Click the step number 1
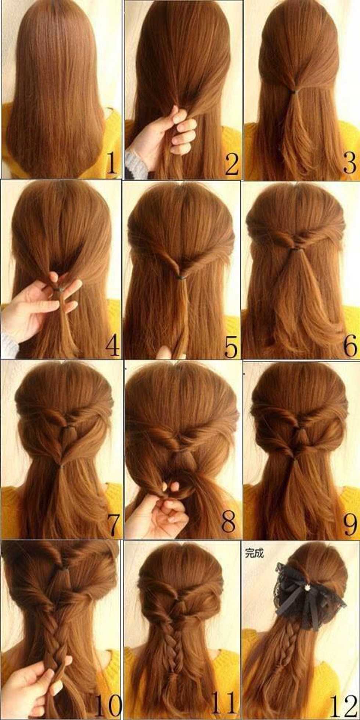(x=111, y=163)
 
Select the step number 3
(x=349, y=163)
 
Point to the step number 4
(x=112, y=345)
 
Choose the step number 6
(x=350, y=345)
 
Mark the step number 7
(x=114, y=525)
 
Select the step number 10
(x=108, y=705)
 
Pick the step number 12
(x=343, y=705)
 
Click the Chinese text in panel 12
(x=254, y=554)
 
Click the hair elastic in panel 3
(x=294, y=90)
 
